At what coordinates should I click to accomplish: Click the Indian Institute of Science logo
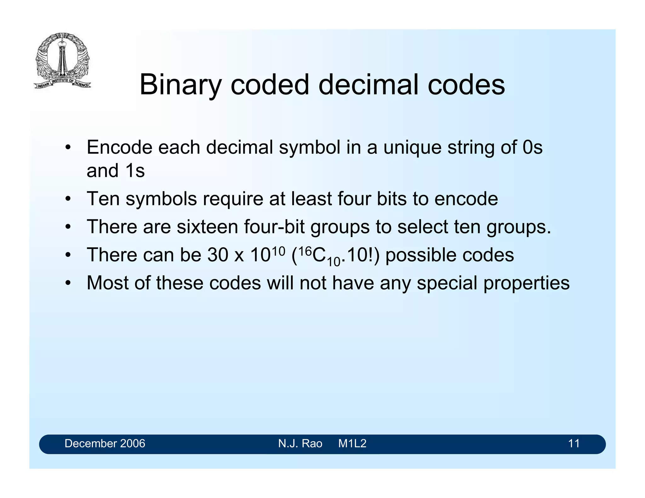[62, 61]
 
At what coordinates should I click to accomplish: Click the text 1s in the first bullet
[135, 171]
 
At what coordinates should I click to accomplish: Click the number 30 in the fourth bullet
[218, 255]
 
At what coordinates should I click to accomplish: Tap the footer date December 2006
[105, 444]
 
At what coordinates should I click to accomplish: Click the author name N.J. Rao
[300, 444]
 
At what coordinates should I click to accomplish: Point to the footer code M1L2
[352, 444]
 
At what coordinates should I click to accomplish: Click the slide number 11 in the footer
[574, 444]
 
